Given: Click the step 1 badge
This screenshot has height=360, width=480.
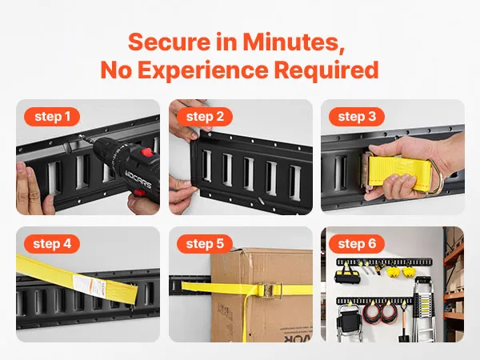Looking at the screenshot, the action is [x=52, y=117].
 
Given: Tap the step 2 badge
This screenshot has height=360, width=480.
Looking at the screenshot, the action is [x=205, y=117].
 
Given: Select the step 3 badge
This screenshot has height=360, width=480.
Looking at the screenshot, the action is [x=357, y=117].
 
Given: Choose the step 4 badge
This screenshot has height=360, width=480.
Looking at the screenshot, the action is [x=52, y=244].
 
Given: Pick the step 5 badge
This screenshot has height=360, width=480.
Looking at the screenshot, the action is [x=205, y=244].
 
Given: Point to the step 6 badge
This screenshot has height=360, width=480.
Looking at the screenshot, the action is [x=357, y=244].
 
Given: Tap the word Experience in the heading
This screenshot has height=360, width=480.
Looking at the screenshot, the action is [x=203, y=70].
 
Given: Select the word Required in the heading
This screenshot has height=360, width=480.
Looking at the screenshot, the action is [x=326, y=70].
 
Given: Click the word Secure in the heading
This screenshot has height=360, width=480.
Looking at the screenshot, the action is [x=170, y=42].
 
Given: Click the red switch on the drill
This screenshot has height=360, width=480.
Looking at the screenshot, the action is [x=147, y=152].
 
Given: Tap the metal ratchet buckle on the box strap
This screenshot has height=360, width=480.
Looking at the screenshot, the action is [x=270, y=290].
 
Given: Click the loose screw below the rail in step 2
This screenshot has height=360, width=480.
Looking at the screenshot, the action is [x=261, y=201].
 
